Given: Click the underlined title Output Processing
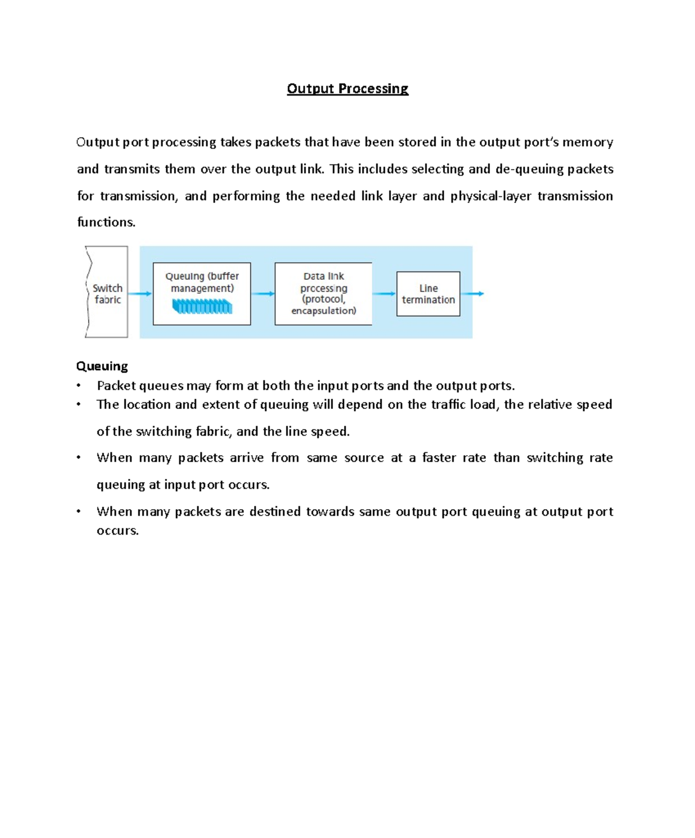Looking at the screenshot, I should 348,89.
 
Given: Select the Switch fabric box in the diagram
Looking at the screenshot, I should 107,293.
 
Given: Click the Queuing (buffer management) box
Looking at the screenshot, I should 202,293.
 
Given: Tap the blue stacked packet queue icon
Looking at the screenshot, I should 202,306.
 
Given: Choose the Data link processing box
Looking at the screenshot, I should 323,294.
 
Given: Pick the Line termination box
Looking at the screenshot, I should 428,294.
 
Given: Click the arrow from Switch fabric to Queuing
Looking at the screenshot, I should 140,294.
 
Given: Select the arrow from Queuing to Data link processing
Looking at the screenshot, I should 262,294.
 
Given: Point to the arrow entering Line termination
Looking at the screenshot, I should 384,294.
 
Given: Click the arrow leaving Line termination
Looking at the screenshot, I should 473,294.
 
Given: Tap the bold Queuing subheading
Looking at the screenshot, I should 102,366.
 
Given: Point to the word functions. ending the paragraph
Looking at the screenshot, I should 106,222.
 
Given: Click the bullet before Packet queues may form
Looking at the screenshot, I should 79,386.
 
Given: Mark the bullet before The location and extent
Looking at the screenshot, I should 79,404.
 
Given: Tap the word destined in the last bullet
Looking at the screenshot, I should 275,511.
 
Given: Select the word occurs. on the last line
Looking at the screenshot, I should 118,530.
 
